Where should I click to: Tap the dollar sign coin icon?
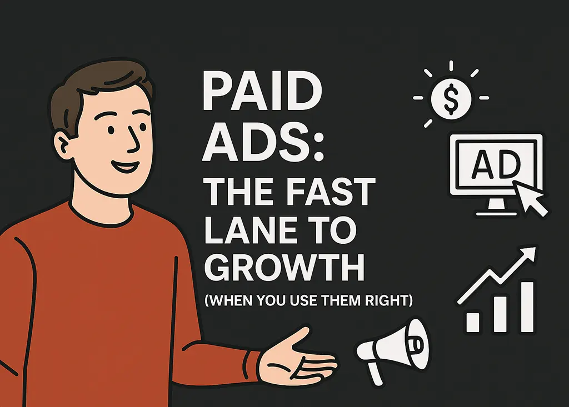pos(451,98)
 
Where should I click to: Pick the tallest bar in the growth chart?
pos(526,305)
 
